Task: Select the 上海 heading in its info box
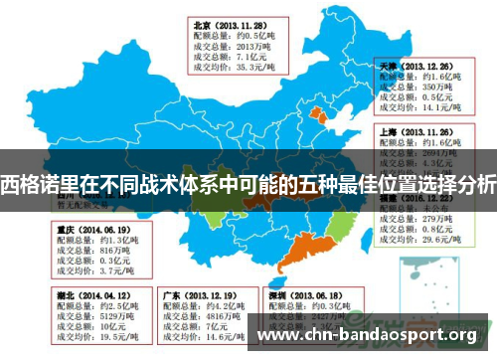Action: click(389, 130)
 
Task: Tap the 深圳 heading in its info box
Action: click(279, 295)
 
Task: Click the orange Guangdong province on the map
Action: click(299, 259)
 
